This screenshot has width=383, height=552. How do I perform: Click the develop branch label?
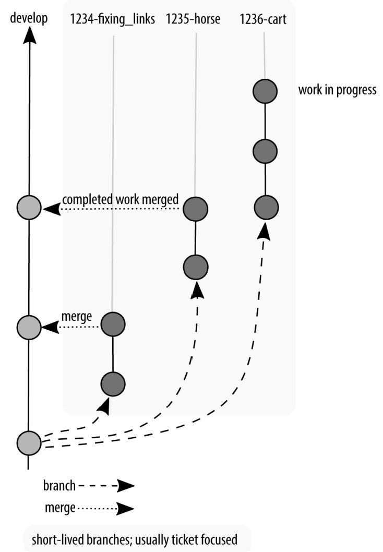coord(29,19)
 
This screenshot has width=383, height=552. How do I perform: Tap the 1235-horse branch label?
coord(193,19)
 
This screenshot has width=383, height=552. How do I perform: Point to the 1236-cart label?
coord(264,19)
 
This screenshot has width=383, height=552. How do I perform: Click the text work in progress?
coord(337,90)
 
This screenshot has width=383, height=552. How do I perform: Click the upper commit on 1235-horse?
coord(195,209)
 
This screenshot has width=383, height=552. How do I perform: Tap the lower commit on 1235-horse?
coord(195,267)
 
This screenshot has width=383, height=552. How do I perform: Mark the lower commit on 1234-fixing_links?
coord(113,384)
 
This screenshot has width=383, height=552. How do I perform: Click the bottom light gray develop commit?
coord(29,443)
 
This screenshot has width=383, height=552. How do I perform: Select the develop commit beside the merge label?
coord(29,327)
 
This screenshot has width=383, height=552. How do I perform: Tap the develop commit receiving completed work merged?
coord(29,208)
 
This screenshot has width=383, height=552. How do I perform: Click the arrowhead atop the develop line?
coord(29,34)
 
